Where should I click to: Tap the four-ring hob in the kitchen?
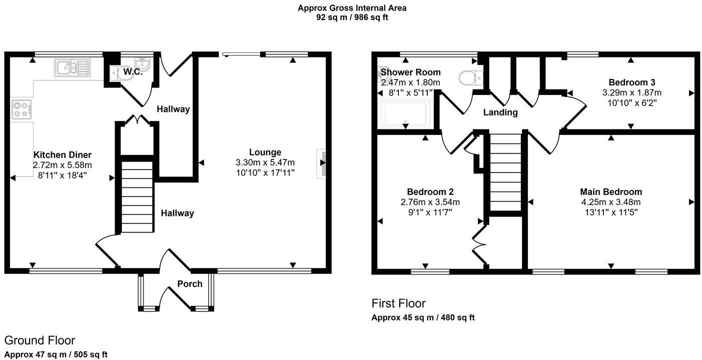[22, 109]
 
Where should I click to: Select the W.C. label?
[133, 72]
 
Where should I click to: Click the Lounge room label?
[265, 152]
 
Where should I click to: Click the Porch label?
[190, 284]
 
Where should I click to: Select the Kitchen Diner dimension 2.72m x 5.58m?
[63, 164]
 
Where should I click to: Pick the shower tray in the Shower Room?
[405, 113]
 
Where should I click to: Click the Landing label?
[500, 112]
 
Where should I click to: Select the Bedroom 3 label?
[632, 82]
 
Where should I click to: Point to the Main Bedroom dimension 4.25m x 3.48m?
[611, 202]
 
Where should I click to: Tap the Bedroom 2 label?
[430, 191]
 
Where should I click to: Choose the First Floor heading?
[398, 303]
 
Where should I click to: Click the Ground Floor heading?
[40, 340]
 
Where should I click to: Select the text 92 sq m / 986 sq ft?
[352, 17]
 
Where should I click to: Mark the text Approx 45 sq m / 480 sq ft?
[423, 317]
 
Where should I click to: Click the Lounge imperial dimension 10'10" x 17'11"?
[265, 172]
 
